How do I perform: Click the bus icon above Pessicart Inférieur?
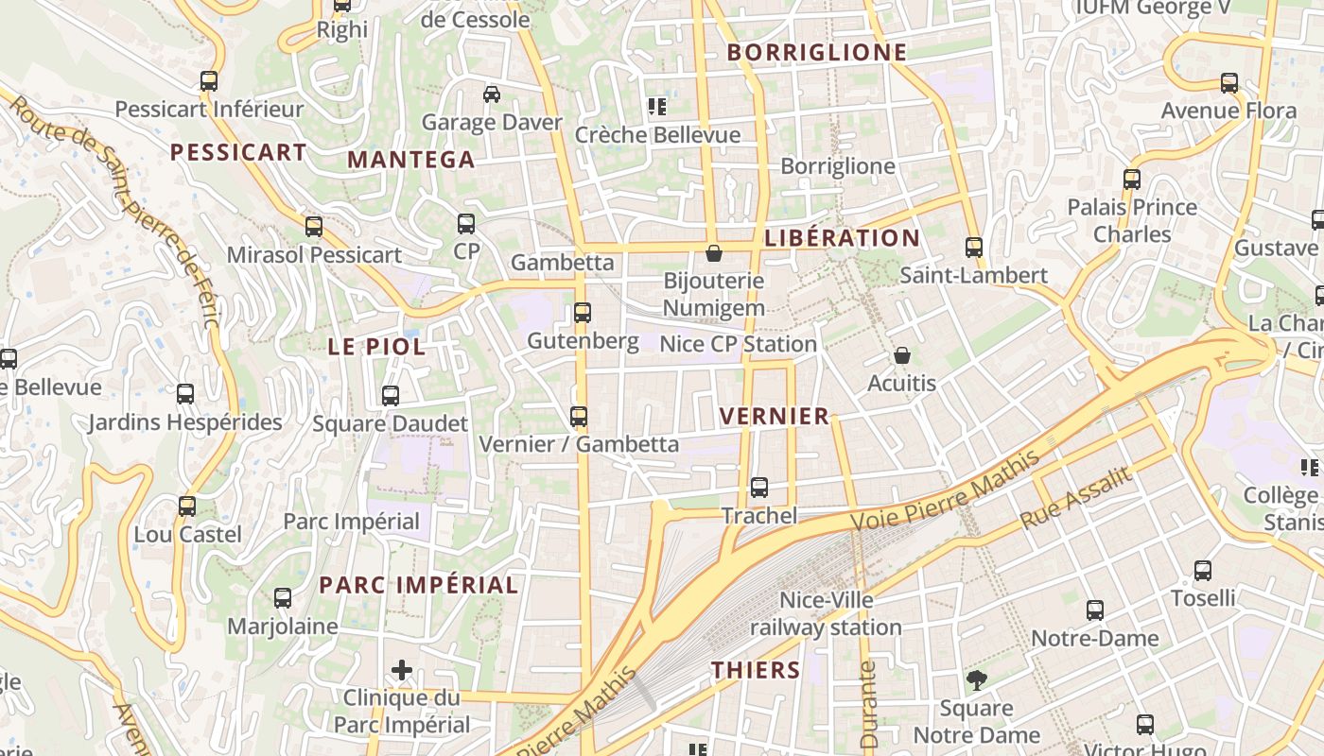(x=209, y=81)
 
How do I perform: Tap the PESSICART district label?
(x=238, y=152)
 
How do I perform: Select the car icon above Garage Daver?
(x=492, y=94)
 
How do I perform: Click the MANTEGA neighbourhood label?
(x=410, y=160)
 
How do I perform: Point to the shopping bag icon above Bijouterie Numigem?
(x=714, y=253)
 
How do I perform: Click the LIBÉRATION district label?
(x=842, y=238)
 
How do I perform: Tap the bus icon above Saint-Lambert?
(x=974, y=248)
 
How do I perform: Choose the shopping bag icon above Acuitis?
(x=902, y=355)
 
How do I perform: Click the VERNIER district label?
(x=774, y=416)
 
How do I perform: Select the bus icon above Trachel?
(x=759, y=488)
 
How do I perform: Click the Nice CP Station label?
(x=738, y=344)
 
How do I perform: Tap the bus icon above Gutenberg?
(x=583, y=313)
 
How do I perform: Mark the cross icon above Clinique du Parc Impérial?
(x=402, y=671)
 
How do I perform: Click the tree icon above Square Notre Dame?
(x=976, y=679)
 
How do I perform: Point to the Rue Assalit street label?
(x=1075, y=498)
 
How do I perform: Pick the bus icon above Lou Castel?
(x=187, y=507)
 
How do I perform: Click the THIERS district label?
(x=756, y=671)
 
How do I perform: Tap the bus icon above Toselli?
(x=1203, y=571)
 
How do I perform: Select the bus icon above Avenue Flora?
(x=1229, y=83)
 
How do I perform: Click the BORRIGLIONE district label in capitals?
(x=817, y=53)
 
